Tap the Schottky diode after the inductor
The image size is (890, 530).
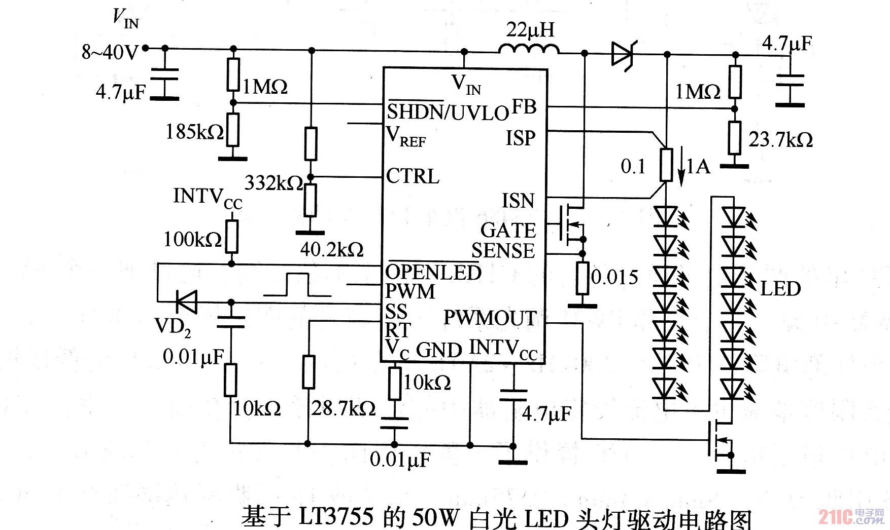pos(623,53)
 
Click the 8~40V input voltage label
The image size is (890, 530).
pos(110,52)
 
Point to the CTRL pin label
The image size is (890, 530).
pos(413,176)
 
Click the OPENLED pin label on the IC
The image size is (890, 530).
pos(433,272)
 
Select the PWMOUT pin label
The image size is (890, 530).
pos(490,318)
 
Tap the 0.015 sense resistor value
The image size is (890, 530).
pos(615,277)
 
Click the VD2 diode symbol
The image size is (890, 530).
pos(186,302)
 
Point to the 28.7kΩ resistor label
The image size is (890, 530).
pos(344,408)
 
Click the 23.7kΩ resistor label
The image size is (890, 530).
pos(780,139)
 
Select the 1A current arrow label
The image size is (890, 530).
pos(698,166)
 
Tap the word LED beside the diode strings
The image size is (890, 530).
pos(780,289)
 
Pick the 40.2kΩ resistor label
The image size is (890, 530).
pos(332,249)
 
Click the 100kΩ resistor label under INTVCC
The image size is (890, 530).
pos(192,239)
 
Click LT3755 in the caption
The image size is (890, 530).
pos(336,517)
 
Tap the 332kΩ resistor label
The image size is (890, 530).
pos(273,183)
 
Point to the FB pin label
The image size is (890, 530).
pos(524,107)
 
